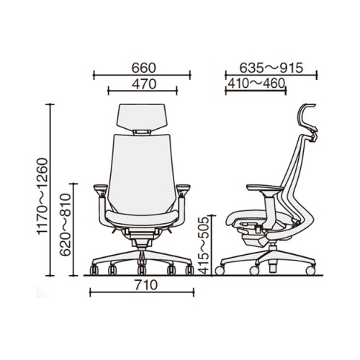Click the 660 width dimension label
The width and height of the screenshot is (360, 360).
point(144,68)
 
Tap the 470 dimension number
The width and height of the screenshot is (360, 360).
point(144,84)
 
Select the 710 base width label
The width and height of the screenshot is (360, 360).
point(146,285)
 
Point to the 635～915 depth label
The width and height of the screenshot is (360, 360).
point(271,68)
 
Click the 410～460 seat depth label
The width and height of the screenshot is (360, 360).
point(256,84)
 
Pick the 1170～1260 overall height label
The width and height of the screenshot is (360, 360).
point(42,196)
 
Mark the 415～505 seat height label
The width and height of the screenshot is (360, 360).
point(204,246)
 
